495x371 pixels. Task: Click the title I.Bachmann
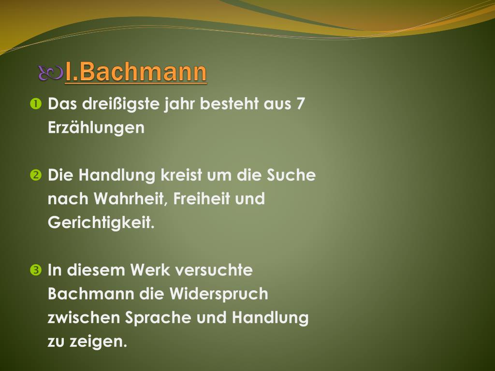[136, 72]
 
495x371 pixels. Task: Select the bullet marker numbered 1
[36, 104]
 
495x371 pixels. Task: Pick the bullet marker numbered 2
[36, 175]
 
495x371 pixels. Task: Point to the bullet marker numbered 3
[36, 270]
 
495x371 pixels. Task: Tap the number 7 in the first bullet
[301, 104]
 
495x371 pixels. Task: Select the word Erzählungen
[96, 128]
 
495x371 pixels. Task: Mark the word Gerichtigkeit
[101, 223]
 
